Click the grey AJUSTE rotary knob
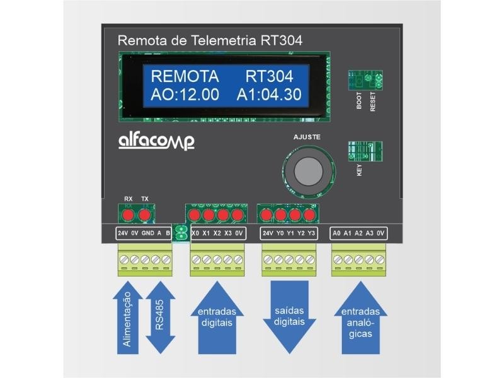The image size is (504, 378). point(307,170)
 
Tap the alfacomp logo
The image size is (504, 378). point(156,141)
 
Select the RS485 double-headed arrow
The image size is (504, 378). point(160,318)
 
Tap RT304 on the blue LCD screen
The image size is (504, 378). point(269,77)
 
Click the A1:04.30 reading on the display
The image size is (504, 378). point(269,96)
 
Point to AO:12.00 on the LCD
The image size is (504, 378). point(185,96)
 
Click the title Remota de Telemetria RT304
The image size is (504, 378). point(210,41)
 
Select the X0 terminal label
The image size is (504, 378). point(195,233)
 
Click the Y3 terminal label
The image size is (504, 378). point(311,233)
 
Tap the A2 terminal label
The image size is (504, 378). point(358,233)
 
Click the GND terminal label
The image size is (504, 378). point(148,233)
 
